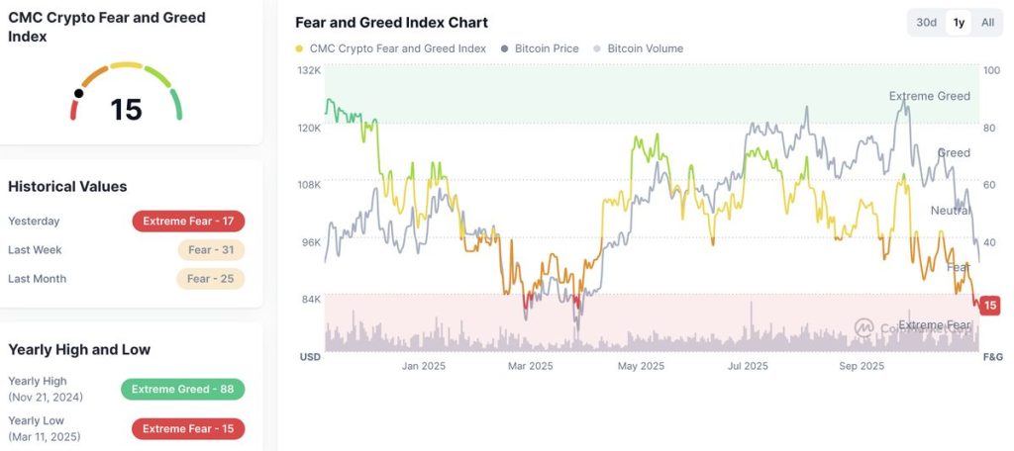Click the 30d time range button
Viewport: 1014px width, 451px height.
[926, 23]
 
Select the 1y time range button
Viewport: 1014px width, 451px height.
[958, 23]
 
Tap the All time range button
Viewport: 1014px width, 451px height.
[987, 23]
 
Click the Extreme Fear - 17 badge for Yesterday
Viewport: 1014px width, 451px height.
[188, 222]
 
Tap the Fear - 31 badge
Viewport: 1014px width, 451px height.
[211, 250]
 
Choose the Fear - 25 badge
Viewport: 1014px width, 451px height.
[211, 279]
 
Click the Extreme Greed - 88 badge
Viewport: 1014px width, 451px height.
[182, 390]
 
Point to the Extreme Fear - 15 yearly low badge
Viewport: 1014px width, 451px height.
[188, 429]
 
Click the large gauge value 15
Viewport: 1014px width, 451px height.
[127, 110]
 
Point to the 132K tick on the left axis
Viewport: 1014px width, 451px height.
[310, 70]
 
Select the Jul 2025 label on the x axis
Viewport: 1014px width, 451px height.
[748, 366]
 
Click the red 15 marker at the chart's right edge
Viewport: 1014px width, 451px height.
[989, 306]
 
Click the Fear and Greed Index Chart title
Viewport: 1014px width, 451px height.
[392, 23]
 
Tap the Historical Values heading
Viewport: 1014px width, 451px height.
[67, 186]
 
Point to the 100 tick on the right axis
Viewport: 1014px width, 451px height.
[991, 70]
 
